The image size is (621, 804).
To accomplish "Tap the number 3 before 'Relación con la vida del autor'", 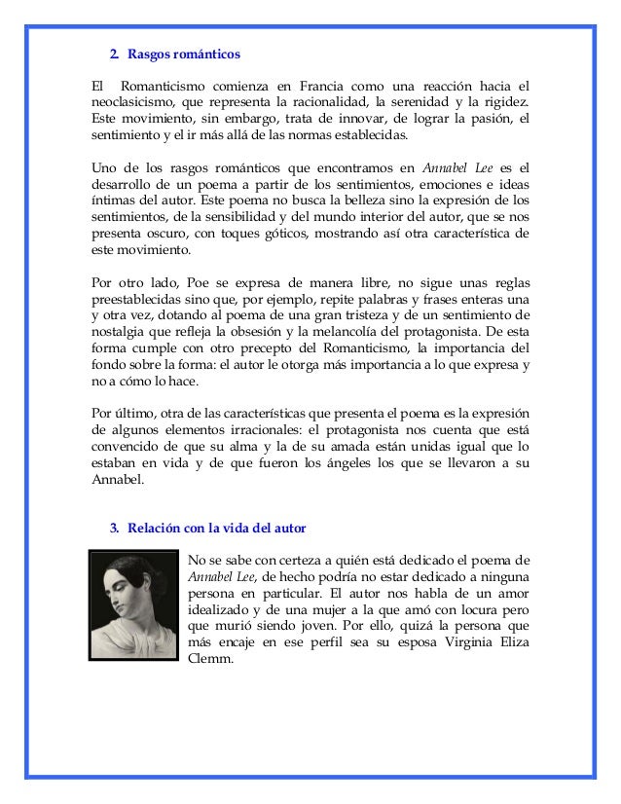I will [113, 529].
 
